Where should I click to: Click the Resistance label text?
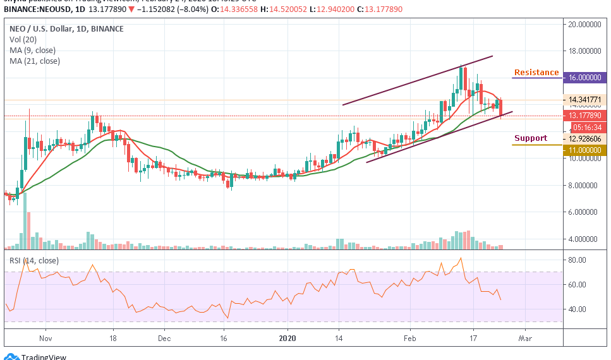pyautogui.click(x=536, y=73)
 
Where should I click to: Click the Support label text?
pyautogui.click(x=530, y=138)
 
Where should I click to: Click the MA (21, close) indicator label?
pyautogui.click(x=35, y=61)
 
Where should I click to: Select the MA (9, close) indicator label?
pyautogui.click(x=33, y=50)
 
